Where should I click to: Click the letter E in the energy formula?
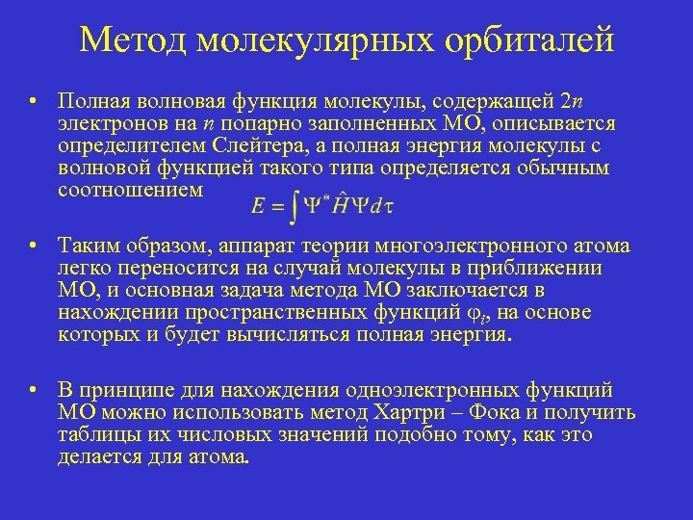pos(257,205)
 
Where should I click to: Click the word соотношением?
pos(130,190)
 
